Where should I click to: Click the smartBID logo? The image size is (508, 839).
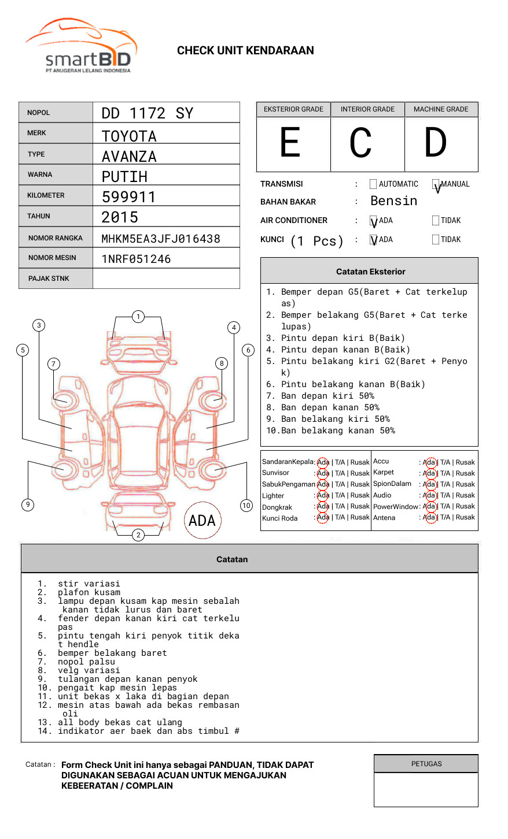[x=81, y=45]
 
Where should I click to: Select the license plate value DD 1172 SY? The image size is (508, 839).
[x=148, y=113]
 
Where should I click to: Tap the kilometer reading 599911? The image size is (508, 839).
[x=128, y=197]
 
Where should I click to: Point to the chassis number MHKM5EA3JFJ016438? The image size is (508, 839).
[x=161, y=239]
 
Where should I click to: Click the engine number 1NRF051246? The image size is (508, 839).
[x=136, y=259]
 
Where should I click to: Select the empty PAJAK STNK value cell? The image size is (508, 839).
[x=166, y=279]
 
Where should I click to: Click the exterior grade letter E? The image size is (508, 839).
[x=290, y=142]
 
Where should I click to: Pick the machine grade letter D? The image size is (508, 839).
[x=435, y=142]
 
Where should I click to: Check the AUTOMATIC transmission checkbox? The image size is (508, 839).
[x=373, y=184]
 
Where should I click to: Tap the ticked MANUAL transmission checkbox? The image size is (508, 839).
[x=436, y=184]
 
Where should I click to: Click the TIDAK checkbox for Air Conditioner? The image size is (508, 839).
[x=436, y=220]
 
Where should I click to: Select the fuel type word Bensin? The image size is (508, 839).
[x=393, y=201]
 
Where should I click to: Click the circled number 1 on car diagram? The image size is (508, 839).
[x=138, y=317]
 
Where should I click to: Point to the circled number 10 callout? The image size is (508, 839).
[x=246, y=506]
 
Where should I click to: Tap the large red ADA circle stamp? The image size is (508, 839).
[x=203, y=520]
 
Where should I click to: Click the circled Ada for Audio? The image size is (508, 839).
[x=430, y=495]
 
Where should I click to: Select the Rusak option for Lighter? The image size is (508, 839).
[x=360, y=495]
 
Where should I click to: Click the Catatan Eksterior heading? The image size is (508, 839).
[x=371, y=272]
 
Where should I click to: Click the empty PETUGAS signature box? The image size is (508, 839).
[x=426, y=789]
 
